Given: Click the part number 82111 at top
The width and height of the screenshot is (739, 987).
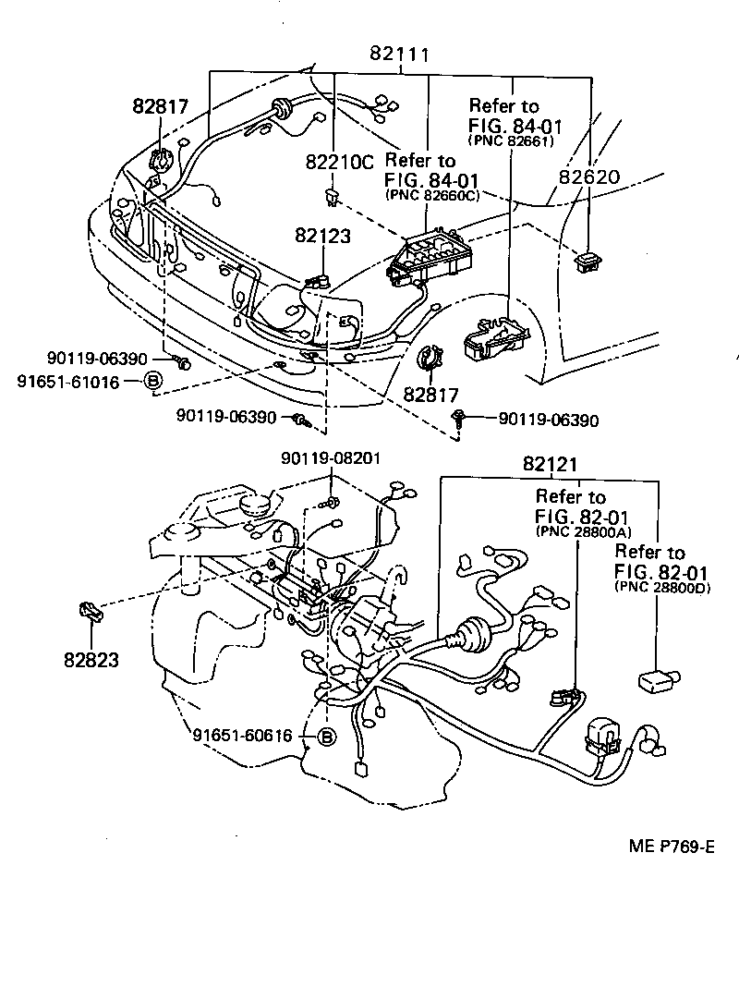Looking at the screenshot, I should click(x=400, y=55).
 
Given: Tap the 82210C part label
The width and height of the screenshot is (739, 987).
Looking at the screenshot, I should click(x=339, y=162).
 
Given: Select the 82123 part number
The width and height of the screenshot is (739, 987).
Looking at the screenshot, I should click(x=323, y=236).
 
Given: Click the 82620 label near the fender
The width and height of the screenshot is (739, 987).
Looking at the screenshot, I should click(x=589, y=177).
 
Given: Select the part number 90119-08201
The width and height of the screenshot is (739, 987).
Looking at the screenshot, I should click(x=332, y=457).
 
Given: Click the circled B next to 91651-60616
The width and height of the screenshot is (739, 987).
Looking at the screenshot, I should click(x=325, y=736).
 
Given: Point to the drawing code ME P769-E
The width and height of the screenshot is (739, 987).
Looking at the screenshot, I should click(x=672, y=847).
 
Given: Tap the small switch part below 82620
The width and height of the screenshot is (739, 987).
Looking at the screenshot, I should click(x=588, y=261).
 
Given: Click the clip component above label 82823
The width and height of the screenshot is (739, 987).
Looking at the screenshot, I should click(x=90, y=612).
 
